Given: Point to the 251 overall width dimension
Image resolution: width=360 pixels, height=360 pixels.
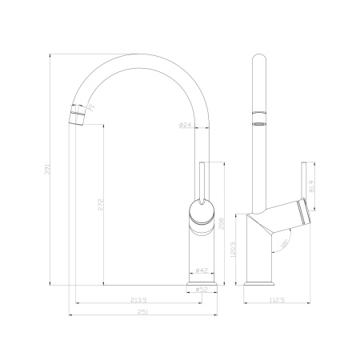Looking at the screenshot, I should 142,311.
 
